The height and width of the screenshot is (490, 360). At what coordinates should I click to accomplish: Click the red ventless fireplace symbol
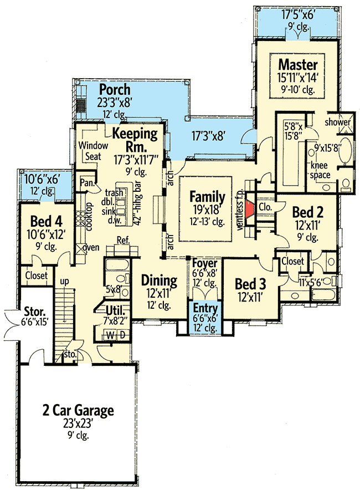click(x=250, y=208)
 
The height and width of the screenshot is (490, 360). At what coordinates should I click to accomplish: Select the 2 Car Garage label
click(x=78, y=411)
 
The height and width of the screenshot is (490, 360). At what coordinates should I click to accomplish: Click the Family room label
click(x=208, y=197)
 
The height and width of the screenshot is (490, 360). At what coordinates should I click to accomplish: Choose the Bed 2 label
click(x=304, y=212)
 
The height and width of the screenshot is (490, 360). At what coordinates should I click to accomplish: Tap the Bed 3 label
click(x=250, y=284)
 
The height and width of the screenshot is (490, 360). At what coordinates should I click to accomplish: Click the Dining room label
click(x=159, y=280)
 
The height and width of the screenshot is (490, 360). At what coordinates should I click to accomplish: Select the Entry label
click(x=205, y=309)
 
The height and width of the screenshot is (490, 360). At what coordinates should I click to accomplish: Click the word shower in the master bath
click(x=338, y=122)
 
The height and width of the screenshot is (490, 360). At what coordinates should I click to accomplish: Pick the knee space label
click(x=320, y=171)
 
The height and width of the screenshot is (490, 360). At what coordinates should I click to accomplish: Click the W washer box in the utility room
click(x=110, y=335)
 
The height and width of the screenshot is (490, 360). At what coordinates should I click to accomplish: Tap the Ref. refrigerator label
click(x=123, y=240)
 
